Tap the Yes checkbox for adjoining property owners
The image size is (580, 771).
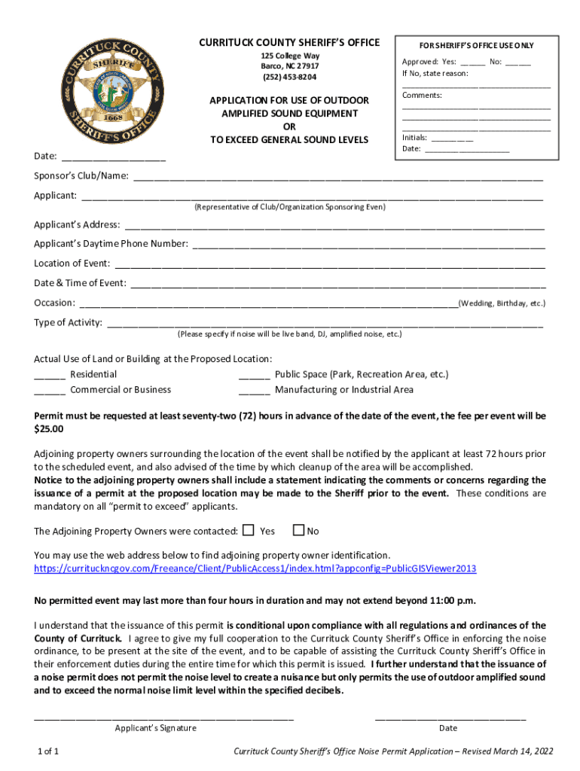tap(249, 530)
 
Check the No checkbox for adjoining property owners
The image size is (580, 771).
tap(298, 530)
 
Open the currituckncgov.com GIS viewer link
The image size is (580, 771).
tap(255, 568)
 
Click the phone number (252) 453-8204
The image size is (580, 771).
tap(289, 77)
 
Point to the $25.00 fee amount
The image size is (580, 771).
tap(49, 429)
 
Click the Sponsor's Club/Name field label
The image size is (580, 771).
tap(81, 176)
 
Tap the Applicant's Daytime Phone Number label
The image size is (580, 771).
tap(111, 244)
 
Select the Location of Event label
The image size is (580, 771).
tap(72, 264)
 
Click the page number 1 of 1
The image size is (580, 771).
tap(49, 751)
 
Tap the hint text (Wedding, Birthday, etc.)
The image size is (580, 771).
tap(502, 303)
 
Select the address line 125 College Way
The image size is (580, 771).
tap(289, 56)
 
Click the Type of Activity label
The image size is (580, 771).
tap(68, 323)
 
